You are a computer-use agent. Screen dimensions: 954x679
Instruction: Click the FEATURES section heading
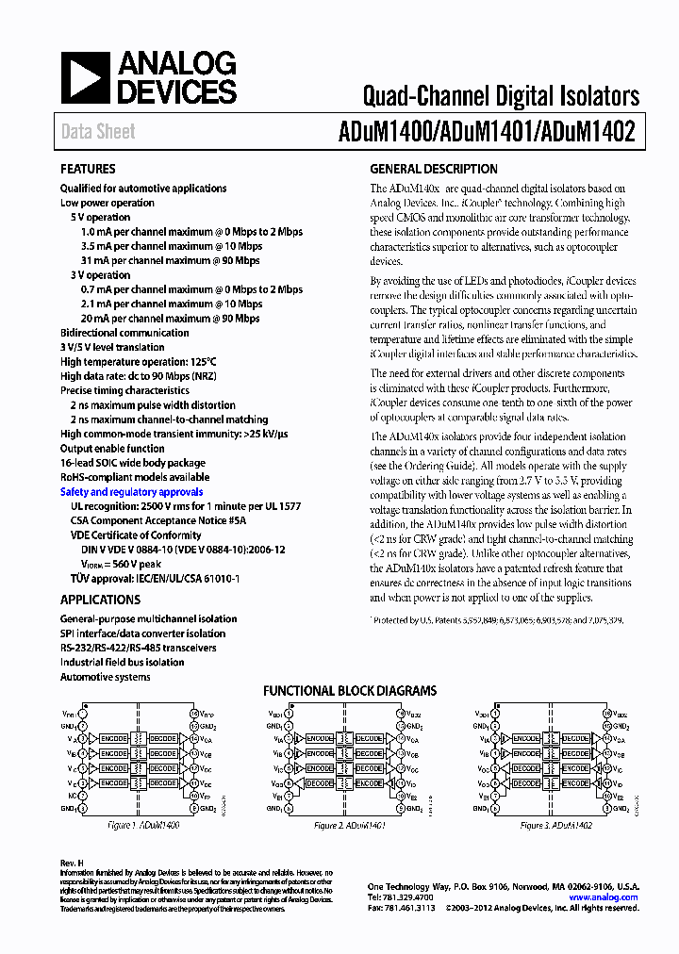88,170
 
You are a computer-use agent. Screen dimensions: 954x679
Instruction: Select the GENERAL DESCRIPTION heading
433,170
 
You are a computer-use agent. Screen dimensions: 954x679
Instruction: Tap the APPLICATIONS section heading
100,600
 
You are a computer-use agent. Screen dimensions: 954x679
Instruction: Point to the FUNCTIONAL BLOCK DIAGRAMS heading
349,691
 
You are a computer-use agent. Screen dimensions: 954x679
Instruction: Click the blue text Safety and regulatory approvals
131,492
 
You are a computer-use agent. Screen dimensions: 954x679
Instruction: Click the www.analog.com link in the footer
604,897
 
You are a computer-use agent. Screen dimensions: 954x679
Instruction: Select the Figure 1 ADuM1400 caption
143,825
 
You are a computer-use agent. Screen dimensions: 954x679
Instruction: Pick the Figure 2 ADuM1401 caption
348,825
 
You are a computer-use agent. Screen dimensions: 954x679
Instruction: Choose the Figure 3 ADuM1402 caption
555,825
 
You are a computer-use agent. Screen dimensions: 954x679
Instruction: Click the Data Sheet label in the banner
98,132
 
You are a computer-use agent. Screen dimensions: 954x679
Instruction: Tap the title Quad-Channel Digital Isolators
501,95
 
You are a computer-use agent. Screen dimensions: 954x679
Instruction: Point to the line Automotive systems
105,677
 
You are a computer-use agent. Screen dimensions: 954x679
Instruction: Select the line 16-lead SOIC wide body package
132,463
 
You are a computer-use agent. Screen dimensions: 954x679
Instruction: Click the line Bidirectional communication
124,333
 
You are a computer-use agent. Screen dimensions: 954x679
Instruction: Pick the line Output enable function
112,449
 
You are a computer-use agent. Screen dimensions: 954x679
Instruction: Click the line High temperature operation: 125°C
138,362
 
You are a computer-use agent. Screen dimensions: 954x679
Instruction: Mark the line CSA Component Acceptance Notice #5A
158,520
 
